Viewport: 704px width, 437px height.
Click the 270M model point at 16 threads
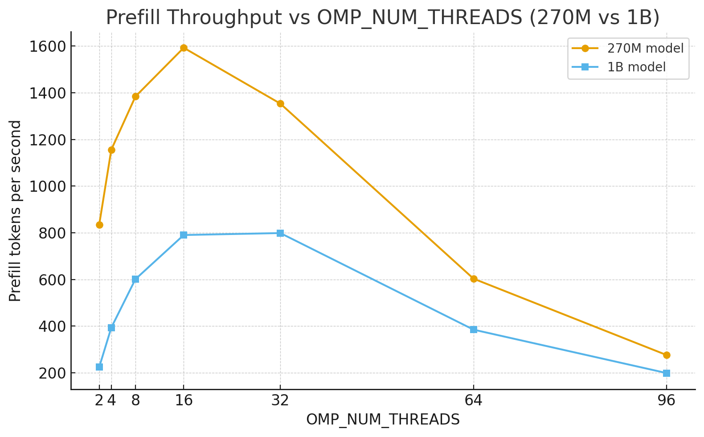point(184,48)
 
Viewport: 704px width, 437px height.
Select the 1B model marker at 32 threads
point(280,233)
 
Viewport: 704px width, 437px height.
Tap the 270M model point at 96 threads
point(667,355)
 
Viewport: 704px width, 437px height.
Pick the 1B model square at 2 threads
point(99,367)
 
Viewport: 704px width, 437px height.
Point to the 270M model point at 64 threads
point(474,279)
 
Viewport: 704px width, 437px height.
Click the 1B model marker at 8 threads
point(135,279)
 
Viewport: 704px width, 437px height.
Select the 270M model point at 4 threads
point(111,150)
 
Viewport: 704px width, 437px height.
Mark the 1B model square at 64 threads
point(474,330)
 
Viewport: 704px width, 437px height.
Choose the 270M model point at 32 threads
point(280,104)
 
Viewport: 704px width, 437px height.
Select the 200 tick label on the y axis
point(52,373)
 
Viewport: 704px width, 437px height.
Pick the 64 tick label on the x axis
point(474,401)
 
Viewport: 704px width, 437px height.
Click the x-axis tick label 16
point(184,401)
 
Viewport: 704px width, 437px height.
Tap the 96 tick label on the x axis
point(667,401)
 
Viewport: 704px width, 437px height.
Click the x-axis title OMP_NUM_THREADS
point(383,420)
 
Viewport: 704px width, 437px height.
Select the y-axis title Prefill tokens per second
point(16,211)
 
